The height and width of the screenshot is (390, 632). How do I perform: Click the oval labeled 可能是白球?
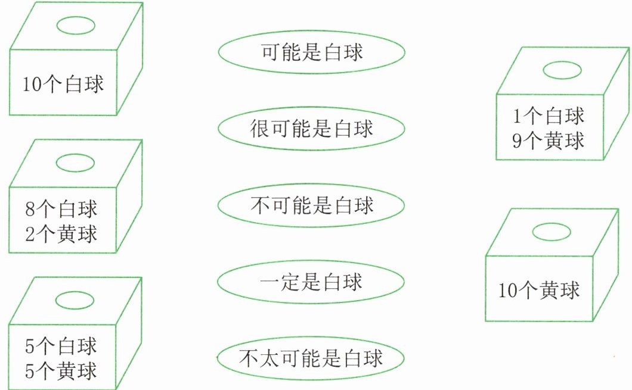point(312,52)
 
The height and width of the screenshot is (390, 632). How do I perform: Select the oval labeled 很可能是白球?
point(312,129)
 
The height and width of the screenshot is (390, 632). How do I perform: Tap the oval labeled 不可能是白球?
point(311,205)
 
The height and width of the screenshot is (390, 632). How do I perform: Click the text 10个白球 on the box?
point(63,84)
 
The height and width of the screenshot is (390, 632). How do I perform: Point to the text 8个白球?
point(61,209)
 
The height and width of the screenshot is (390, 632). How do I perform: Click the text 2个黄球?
point(61,234)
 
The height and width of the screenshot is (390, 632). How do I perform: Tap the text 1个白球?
point(549,116)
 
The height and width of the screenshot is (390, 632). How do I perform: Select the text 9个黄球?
point(549,141)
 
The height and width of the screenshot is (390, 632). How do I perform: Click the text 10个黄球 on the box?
point(539,290)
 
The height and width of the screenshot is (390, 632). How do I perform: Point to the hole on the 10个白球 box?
point(76,26)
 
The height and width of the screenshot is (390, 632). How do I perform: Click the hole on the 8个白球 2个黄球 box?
point(75,163)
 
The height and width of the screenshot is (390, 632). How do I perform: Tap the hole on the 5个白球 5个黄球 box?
point(75,300)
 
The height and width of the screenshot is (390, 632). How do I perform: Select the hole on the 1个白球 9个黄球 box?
point(562,70)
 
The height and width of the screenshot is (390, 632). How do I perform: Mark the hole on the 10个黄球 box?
point(552,232)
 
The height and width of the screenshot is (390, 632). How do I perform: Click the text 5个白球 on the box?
point(61,346)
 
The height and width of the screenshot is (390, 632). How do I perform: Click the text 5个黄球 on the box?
point(61,371)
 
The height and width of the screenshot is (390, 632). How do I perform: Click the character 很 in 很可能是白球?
point(259,129)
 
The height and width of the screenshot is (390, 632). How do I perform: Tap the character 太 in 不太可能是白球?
point(269,358)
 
